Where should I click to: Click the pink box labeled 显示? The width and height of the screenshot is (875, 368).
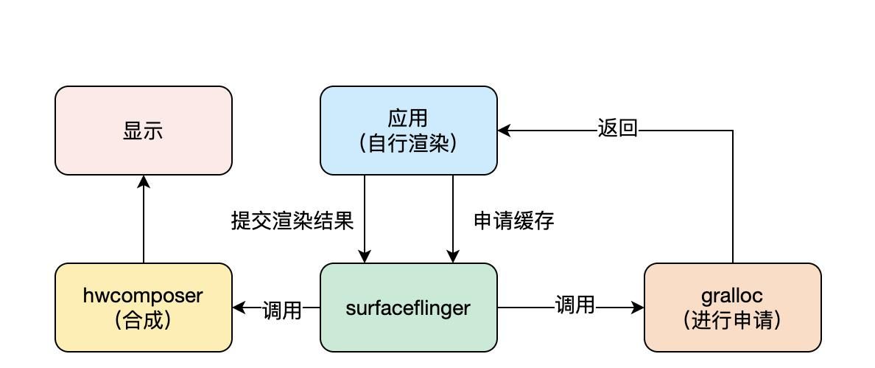point(144,131)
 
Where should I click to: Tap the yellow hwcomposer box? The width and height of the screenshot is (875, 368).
point(144,308)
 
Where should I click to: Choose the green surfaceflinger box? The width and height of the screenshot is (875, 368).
point(409,308)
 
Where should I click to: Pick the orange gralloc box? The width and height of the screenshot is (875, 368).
point(733,308)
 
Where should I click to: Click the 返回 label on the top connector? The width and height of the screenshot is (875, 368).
point(617,129)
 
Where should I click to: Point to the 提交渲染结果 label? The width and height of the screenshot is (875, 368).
point(292,221)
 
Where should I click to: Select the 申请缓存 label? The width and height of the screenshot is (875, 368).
point(513,221)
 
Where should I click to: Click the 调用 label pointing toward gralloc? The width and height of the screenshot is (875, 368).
point(574,305)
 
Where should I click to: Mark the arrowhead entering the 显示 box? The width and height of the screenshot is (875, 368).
point(144,181)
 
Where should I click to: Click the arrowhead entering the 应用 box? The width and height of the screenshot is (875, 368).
point(505,131)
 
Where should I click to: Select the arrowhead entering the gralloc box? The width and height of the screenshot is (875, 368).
point(638,308)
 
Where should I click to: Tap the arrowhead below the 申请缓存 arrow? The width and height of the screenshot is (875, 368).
point(453,257)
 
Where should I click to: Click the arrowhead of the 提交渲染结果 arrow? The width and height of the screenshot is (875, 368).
point(365,257)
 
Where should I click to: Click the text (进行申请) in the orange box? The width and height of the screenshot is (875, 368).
point(733,320)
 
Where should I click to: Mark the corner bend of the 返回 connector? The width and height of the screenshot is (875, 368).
point(733,131)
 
